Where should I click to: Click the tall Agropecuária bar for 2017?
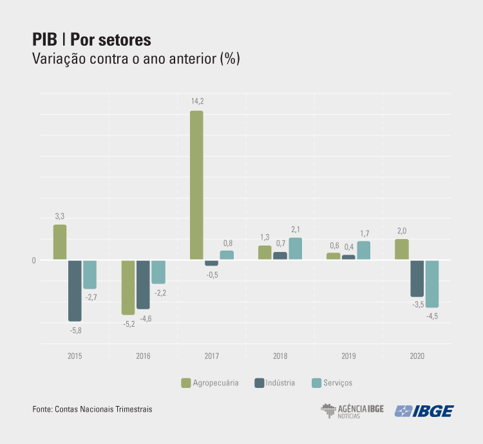point(196,185)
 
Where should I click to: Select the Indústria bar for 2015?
point(75,291)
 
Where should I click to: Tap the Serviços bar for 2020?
point(431,284)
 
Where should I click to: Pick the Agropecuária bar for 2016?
point(128,287)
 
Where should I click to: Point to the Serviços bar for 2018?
point(295,249)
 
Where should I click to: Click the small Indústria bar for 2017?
point(211,263)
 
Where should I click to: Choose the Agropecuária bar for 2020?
point(402,249)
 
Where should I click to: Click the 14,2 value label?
point(196,101)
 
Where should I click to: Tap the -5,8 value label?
point(75,331)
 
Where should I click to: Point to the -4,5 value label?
point(431,316)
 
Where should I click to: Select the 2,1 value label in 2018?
point(295,229)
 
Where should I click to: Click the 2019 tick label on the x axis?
point(348,356)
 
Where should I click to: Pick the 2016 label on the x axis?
point(143,356)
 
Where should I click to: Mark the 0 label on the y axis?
point(33,260)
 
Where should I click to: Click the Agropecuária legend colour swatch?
point(186,383)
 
